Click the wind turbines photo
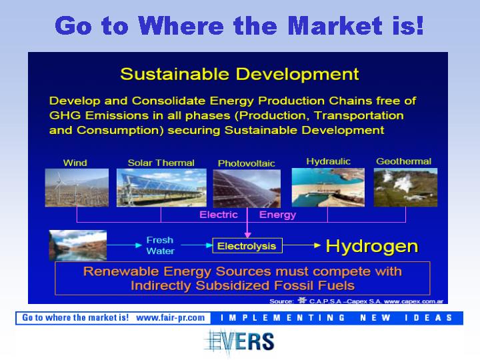[77, 187]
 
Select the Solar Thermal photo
[161, 187]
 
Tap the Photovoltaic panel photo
[247, 189]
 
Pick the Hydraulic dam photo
[328, 187]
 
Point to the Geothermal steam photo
[405, 187]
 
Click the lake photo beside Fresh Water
[78, 245]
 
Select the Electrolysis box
[247, 246]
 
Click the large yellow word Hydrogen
[372, 246]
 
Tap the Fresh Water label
[160, 245]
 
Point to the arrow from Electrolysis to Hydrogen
[301, 245]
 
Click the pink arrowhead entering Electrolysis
[247, 235]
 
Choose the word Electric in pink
[219, 215]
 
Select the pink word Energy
[277, 215]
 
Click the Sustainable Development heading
[240, 74]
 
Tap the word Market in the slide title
[335, 26]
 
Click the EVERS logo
[239, 342]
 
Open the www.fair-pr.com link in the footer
[171, 318]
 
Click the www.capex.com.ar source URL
[413, 301]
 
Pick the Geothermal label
[403, 161]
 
